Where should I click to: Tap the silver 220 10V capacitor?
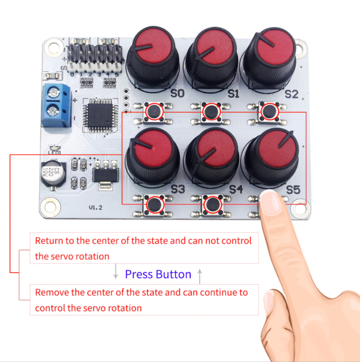click(x=53, y=173)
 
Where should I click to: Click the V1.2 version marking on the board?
click(x=95, y=208)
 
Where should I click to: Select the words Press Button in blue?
click(x=158, y=274)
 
